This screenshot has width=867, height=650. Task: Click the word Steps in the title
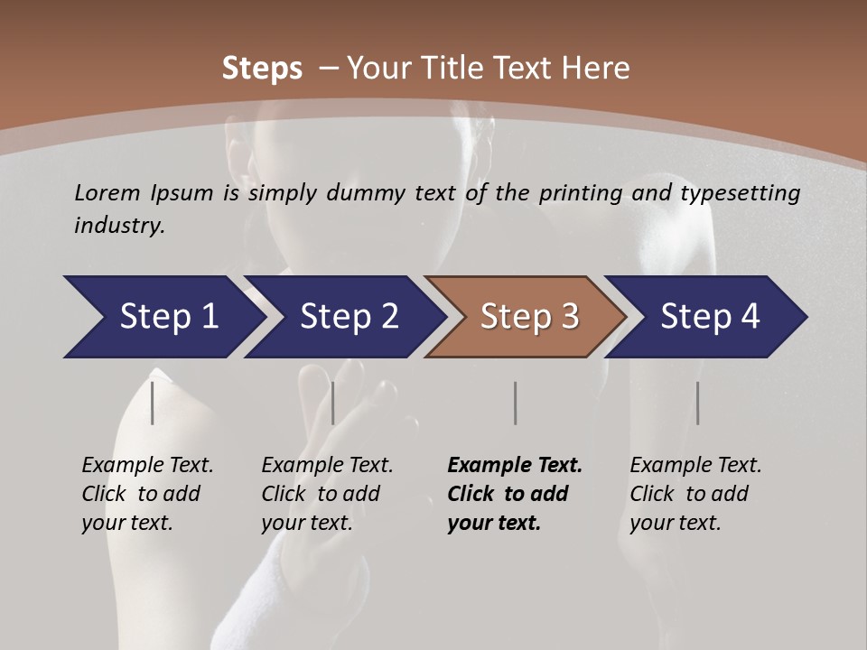tap(262, 69)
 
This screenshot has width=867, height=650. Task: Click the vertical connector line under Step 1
tap(153, 403)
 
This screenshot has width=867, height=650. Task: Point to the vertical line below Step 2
tap(333, 403)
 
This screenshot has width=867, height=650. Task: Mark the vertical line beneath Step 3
tap(516, 403)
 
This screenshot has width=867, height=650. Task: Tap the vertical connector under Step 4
tap(698, 403)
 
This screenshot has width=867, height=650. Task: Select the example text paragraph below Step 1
tap(147, 494)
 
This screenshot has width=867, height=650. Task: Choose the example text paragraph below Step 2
tap(327, 494)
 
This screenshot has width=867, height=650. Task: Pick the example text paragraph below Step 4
tap(695, 494)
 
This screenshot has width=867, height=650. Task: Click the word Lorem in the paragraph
tap(107, 193)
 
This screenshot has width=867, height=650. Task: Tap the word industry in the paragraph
tap(118, 226)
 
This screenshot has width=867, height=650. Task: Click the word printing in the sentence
tap(581, 193)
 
